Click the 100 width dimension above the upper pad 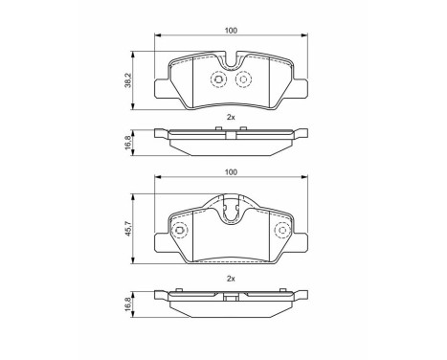point(231,32)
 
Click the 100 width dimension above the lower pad point(231,172)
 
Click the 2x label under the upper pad point(231,117)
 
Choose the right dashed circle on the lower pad point(280,231)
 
